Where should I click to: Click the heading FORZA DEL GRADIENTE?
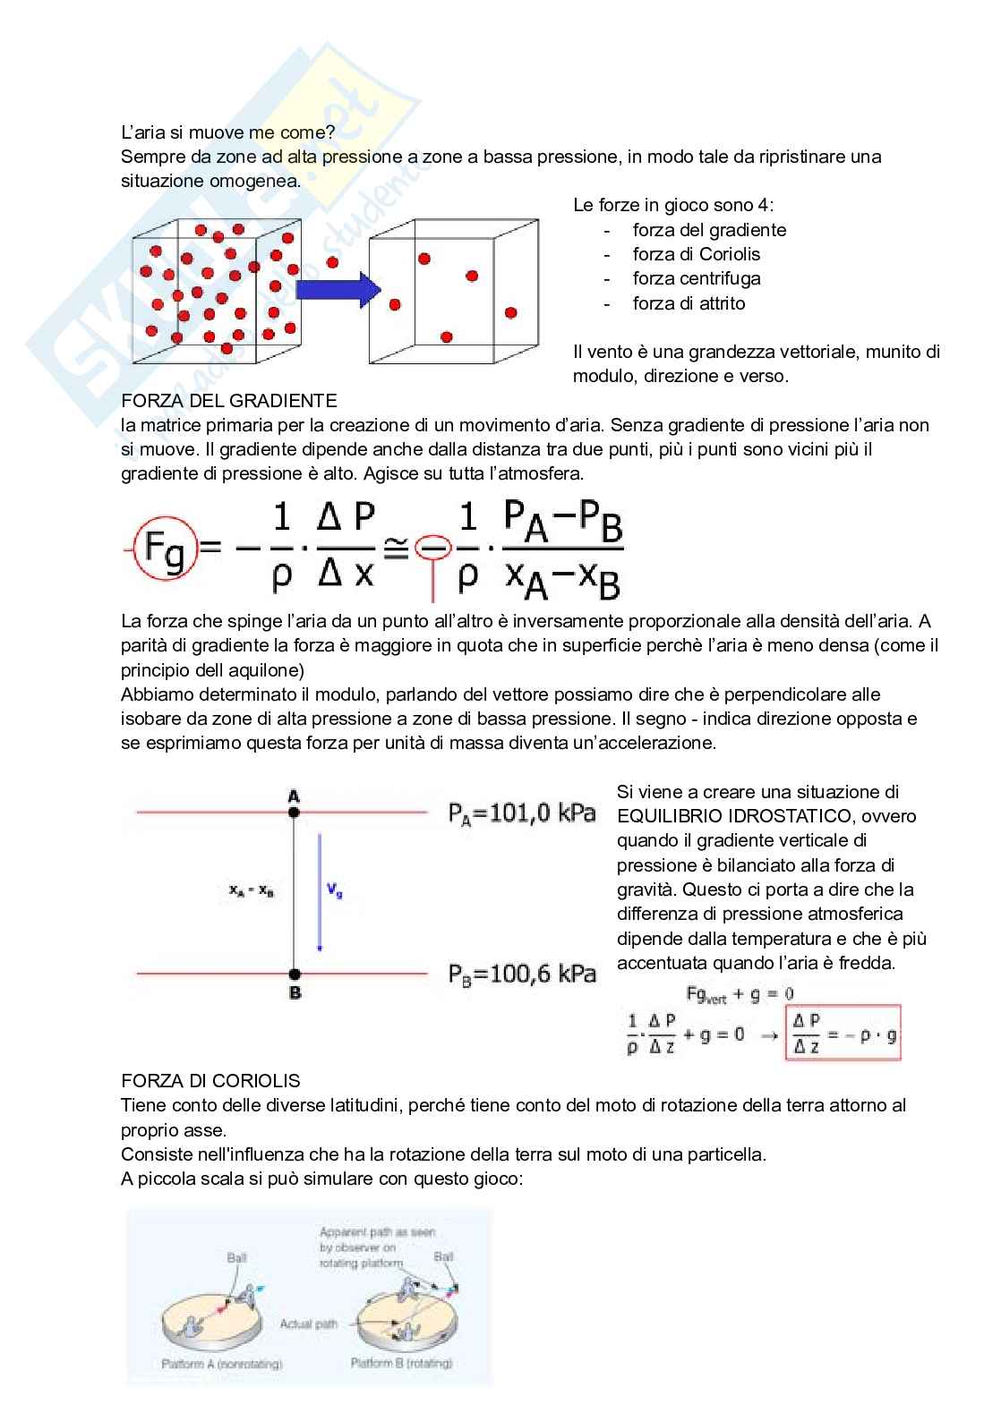[228, 400]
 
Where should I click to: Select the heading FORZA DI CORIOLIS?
[210, 1080]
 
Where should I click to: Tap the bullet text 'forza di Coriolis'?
[696, 254]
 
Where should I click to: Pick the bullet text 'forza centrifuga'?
[696, 278]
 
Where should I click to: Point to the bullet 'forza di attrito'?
[689, 303]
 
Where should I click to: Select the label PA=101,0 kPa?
[522, 813]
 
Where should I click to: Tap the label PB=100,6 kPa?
[522, 974]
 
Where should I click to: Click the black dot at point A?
[294, 813]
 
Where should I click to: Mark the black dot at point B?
[295, 974]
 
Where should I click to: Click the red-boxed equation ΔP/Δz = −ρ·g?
[843, 1034]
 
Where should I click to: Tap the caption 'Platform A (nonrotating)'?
[221, 1364]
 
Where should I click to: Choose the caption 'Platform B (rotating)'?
[401, 1363]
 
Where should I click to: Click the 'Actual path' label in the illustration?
[308, 1324]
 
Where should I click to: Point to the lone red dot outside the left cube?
[332, 262]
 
